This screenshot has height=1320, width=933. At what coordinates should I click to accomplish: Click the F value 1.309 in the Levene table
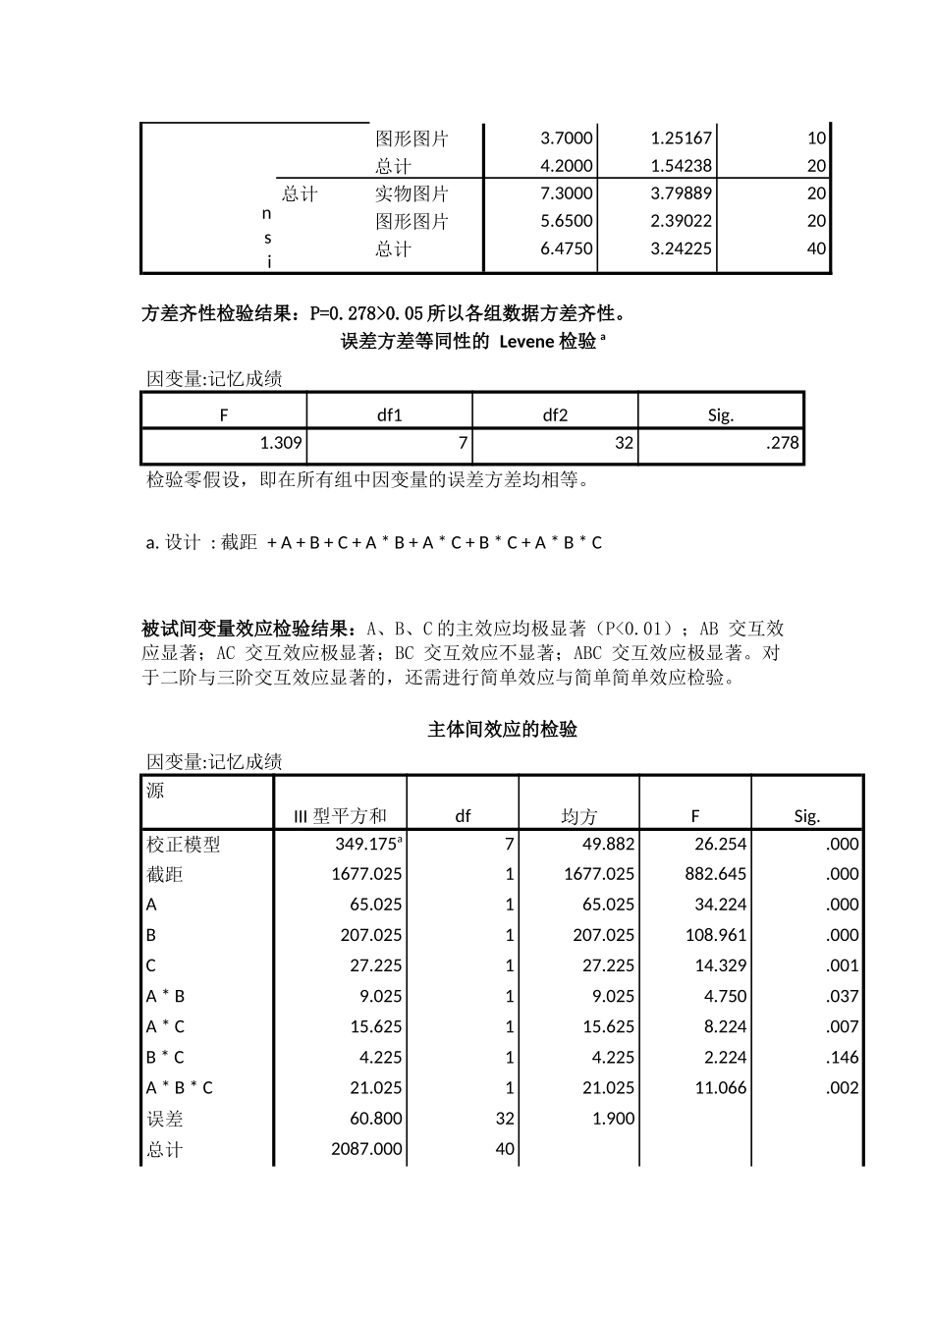tap(280, 443)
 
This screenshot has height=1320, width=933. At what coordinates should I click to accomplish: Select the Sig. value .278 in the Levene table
tap(782, 443)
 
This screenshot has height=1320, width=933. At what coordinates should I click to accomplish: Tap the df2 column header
tap(555, 414)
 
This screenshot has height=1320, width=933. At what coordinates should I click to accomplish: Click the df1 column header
tap(390, 414)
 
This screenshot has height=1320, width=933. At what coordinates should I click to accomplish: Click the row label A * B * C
tap(180, 1087)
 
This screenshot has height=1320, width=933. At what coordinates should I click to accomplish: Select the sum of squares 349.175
tap(368, 844)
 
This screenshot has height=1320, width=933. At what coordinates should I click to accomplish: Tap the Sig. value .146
tap(842, 1057)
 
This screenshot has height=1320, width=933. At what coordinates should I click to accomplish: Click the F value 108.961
tap(716, 935)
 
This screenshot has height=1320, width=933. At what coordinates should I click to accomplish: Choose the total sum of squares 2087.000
tap(366, 1148)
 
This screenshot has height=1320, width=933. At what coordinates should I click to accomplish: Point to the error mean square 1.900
tap(614, 1118)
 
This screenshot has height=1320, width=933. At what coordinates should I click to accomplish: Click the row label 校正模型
tap(184, 844)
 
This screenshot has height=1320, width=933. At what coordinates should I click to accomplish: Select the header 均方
tap(579, 816)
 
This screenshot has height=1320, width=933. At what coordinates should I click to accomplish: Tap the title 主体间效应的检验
tap(502, 730)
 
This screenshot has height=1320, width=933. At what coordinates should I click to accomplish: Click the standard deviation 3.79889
tap(681, 193)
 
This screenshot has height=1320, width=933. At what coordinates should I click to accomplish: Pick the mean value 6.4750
tap(567, 248)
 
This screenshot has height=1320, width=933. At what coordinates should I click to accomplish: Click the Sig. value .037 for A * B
tap(842, 996)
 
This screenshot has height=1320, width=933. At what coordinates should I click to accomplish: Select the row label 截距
tap(165, 874)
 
